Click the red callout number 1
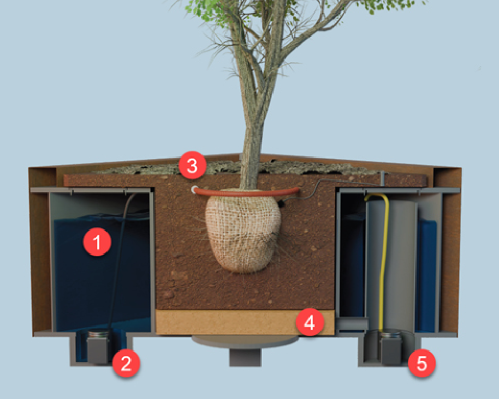tap(96, 241)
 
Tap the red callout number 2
tap(126, 362)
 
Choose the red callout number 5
tap(421, 362)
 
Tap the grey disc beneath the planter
tap(244, 342)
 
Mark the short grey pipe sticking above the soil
tap(383, 177)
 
